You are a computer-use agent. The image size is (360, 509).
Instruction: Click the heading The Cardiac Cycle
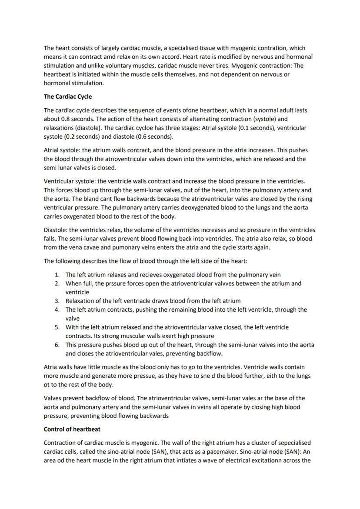click(68, 96)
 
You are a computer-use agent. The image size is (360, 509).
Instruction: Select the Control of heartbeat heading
click(72, 429)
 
